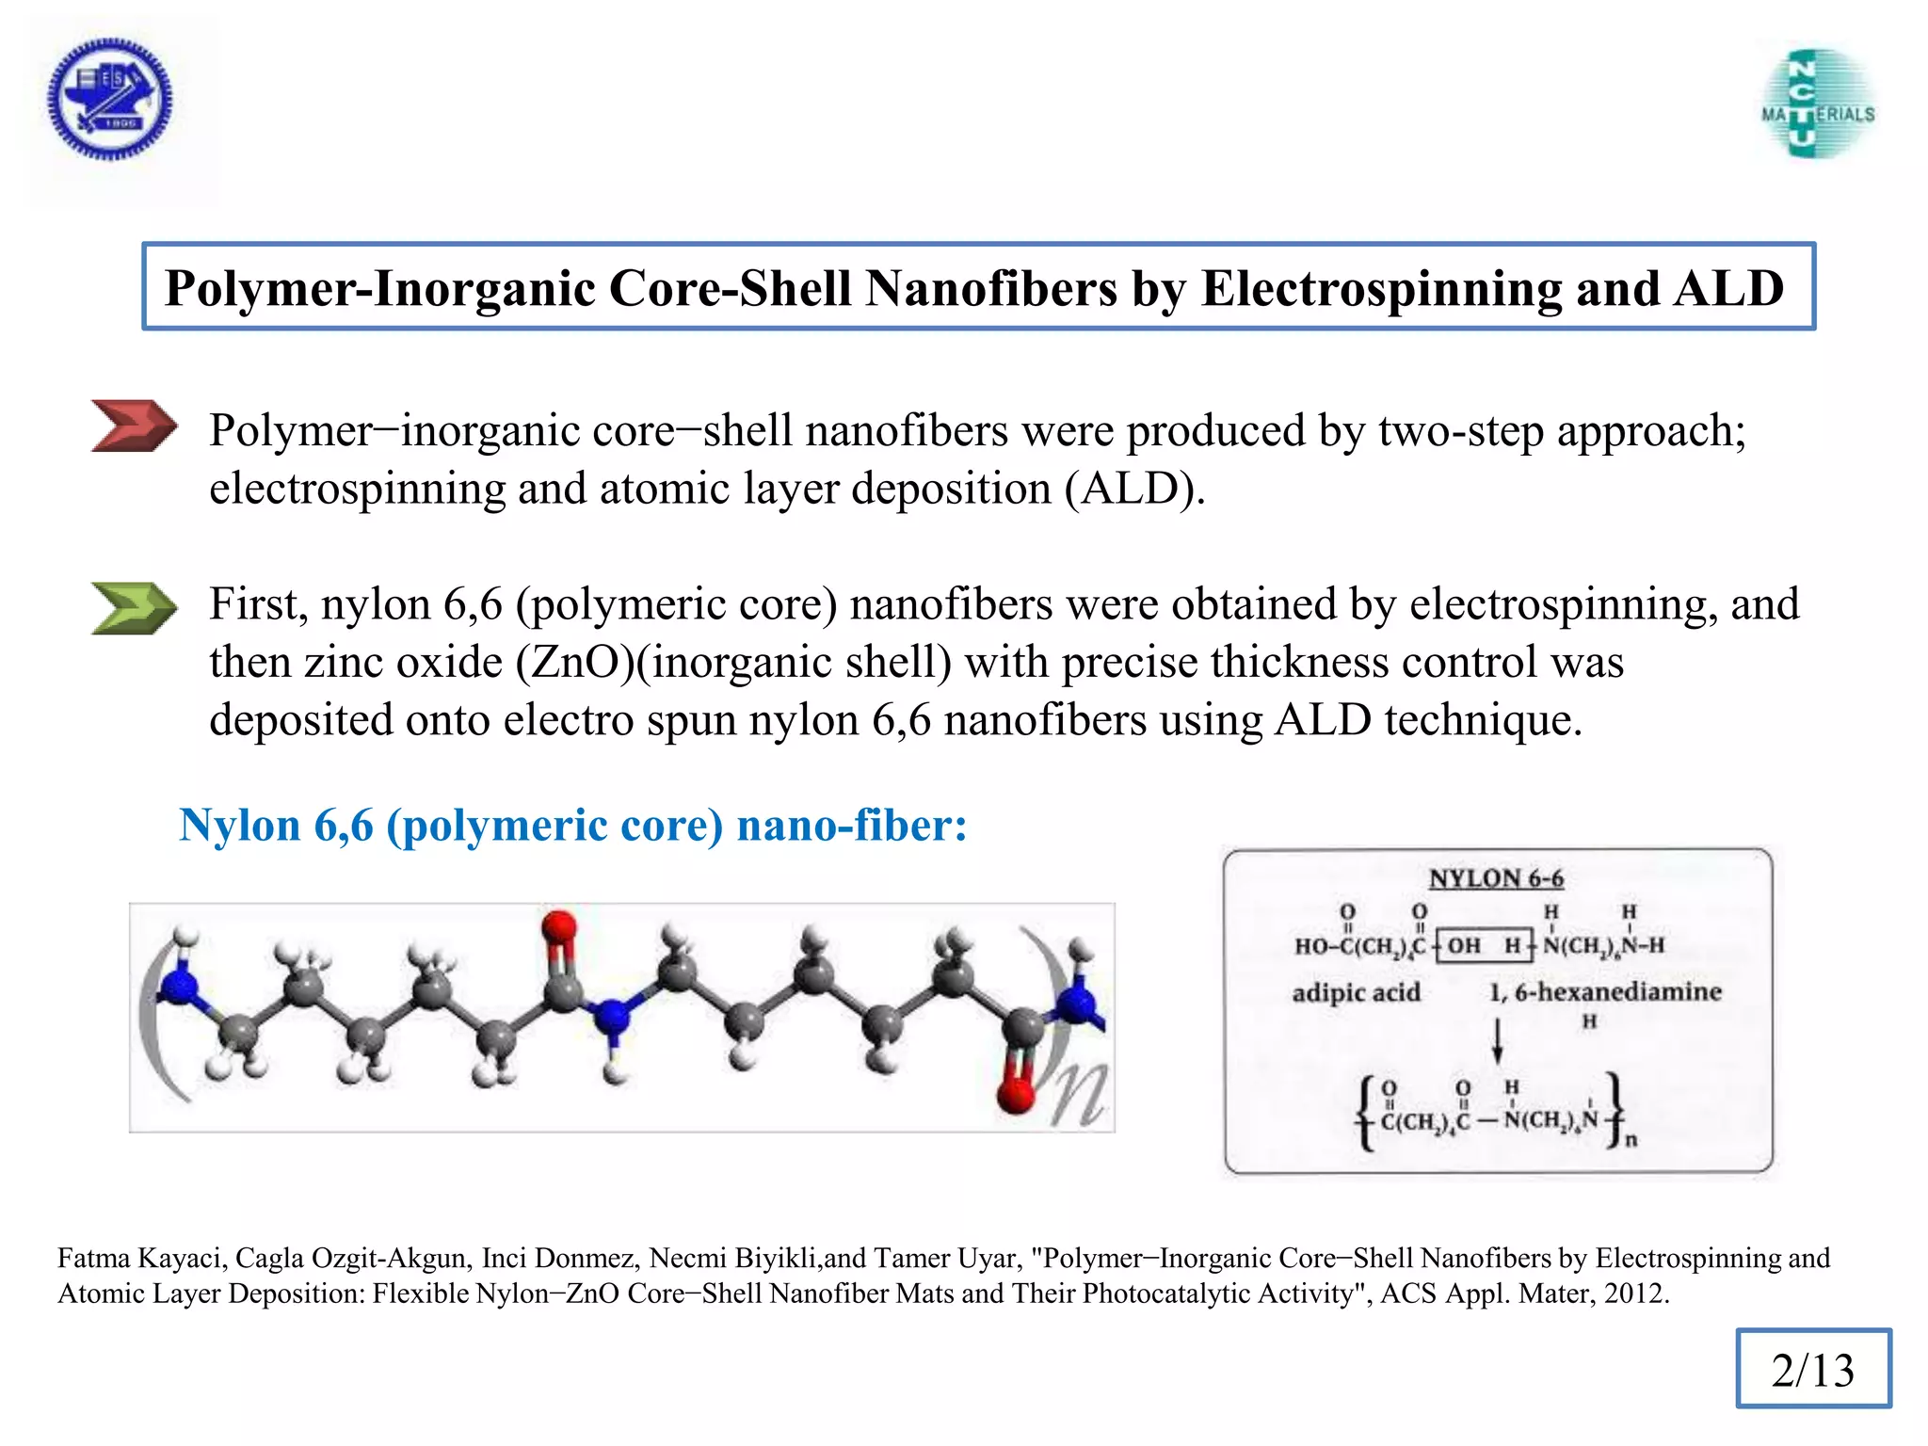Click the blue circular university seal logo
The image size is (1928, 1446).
pyautogui.click(x=110, y=99)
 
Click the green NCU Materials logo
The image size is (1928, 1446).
pyautogui.click(x=1817, y=104)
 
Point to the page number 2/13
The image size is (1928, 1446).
pyautogui.click(x=1812, y=1370)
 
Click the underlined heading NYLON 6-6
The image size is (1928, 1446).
pyautogui.click(x=1496, y=878)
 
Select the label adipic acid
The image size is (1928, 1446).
pyautogui.click(x=1356, y=992)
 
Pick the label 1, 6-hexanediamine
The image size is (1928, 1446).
pyautogui.click(x=1605, y=991)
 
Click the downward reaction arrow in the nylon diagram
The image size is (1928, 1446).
pyautogui.click(x=1497, y=1040)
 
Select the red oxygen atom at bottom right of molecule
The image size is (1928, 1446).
pyautogui.click(x=1017, y=1094)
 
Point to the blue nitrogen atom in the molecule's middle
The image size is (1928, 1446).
pyautogui.click(x=613, y=1016)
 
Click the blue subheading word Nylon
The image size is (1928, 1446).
pyautogui.click(x=239, y=826)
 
